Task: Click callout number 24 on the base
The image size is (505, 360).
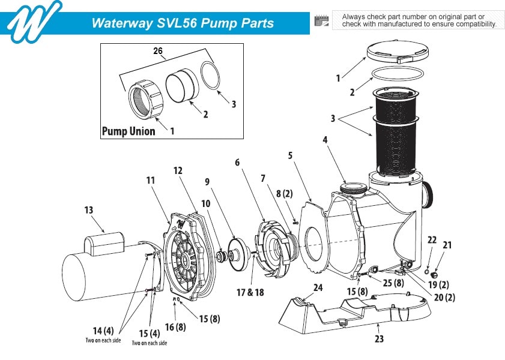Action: [x=318, y=287]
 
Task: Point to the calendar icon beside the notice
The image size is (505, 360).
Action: [x=321, y=20]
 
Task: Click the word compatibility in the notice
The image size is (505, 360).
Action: [x=473, y=25]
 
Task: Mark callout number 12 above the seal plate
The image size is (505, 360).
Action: [x=178, y=170]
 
